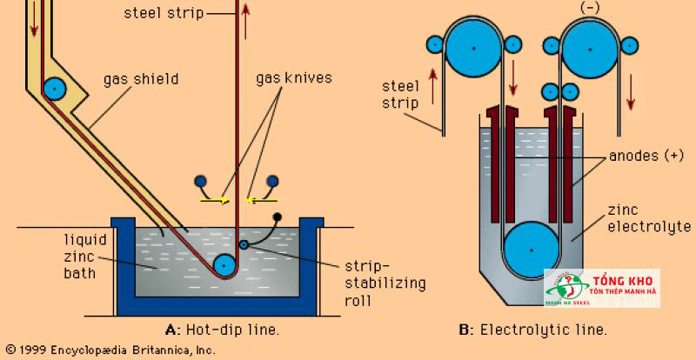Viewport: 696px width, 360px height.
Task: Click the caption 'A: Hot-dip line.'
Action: [x=223, y=330]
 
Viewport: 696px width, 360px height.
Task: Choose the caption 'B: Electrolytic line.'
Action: [x=532, y=330]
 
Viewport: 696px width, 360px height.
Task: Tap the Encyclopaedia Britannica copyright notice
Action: [x=108, y=350]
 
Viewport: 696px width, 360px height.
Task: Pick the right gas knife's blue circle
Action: [x=272, y=181]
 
